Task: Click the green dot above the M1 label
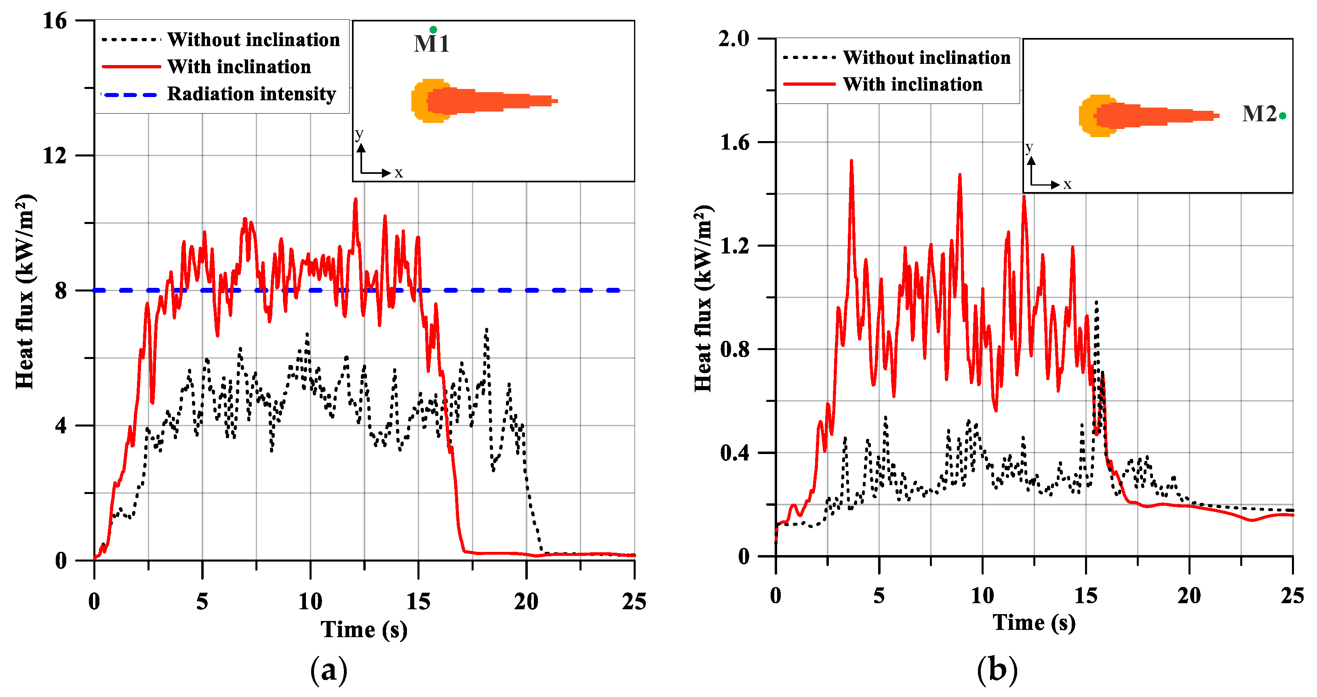(x=433, y=30)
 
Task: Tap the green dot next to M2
(x=1283, y=116)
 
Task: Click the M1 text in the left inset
(x=431, y=44)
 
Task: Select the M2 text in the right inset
(x=1259, y=114)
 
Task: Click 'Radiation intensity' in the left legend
(x=251, y=94)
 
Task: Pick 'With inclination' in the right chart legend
(x=912, y=84)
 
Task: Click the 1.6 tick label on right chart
(x=734, y=143)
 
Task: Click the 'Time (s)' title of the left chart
(x=364, y=629)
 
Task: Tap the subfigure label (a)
(x=329, y=670)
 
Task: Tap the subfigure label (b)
(x=997, y=670)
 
